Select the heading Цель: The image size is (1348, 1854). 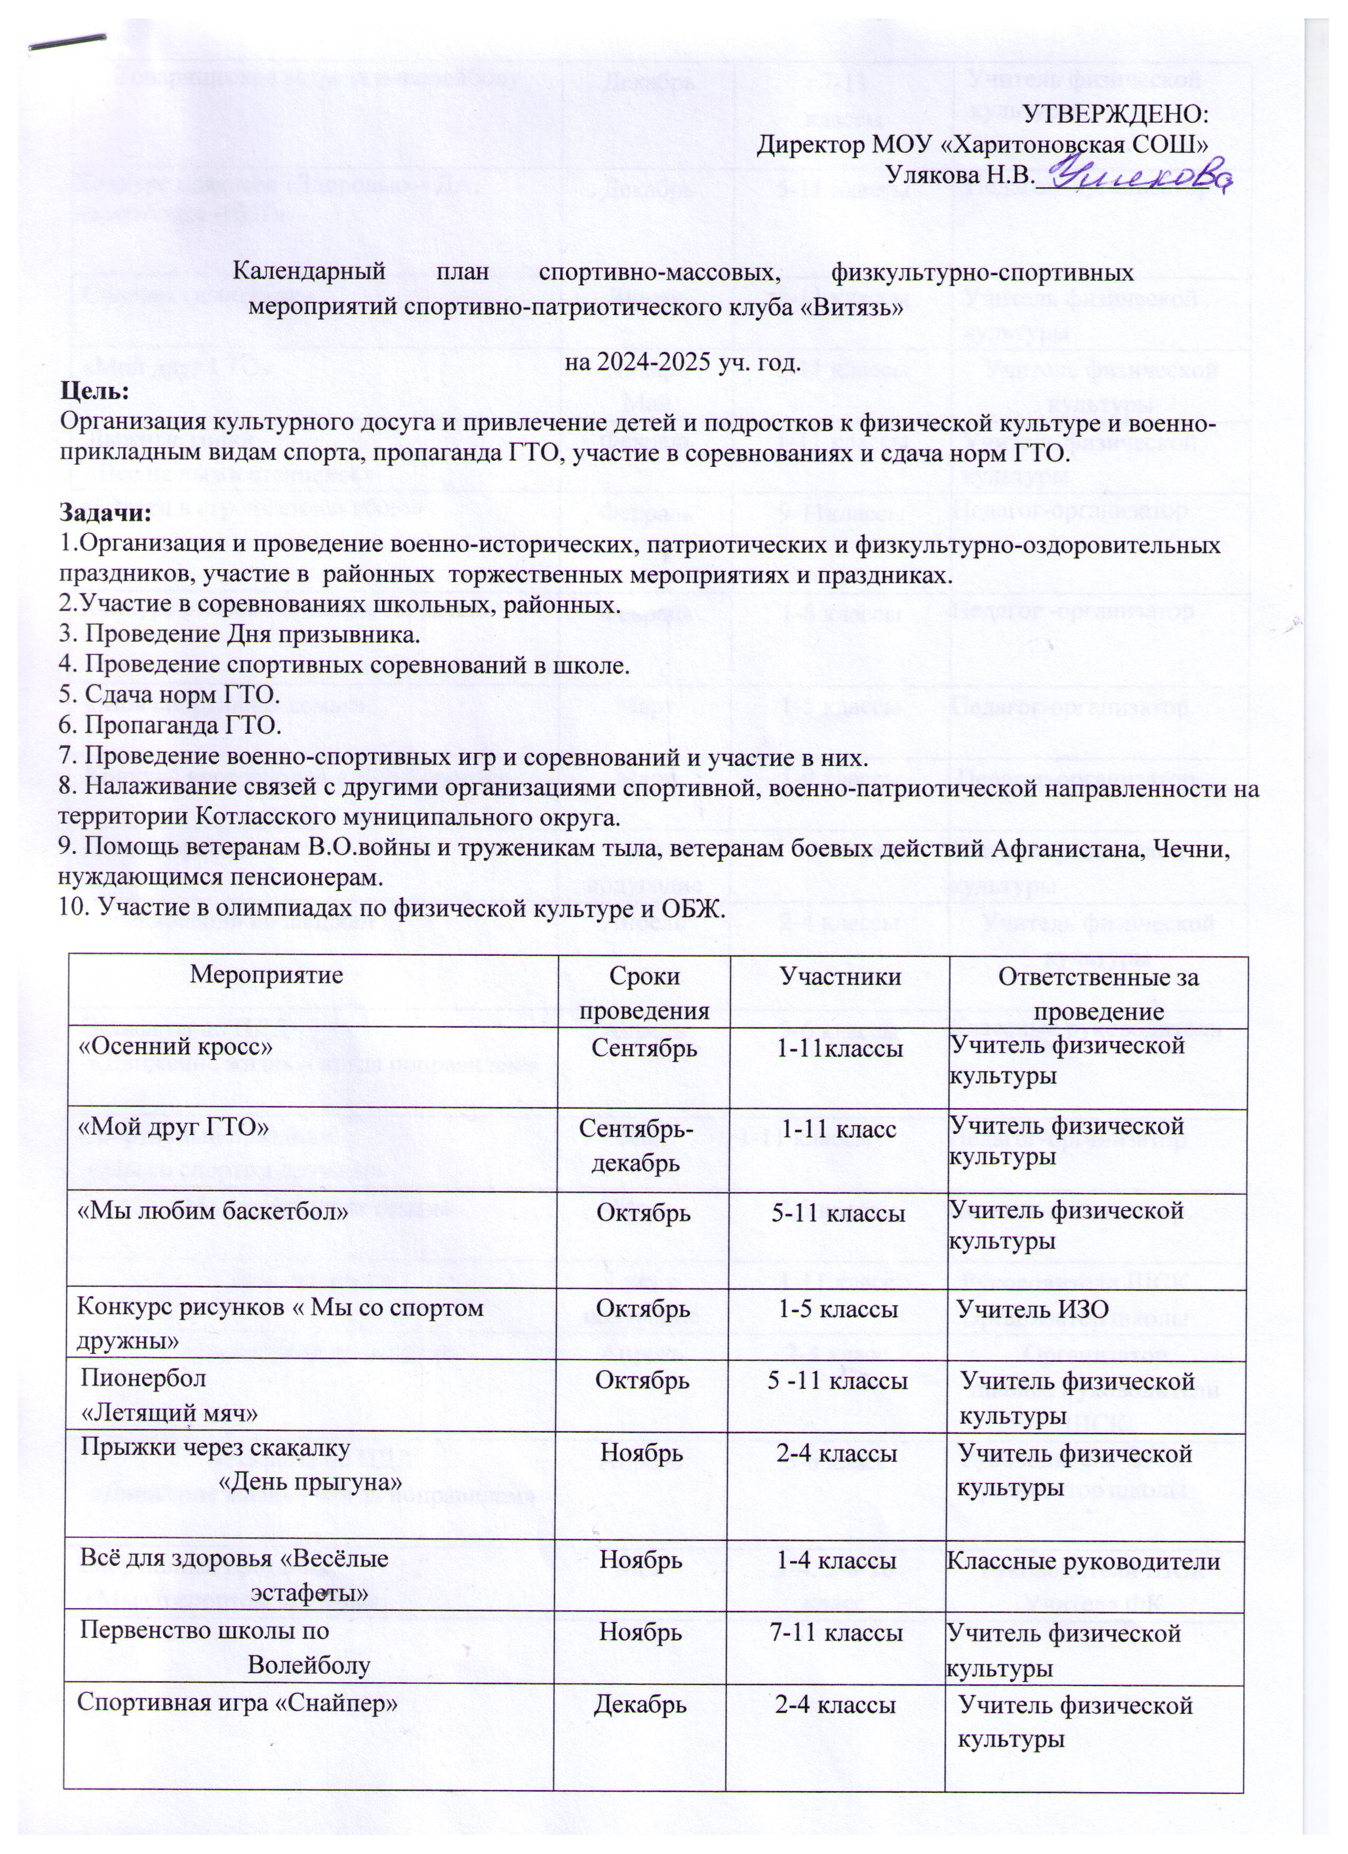[95, 391]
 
